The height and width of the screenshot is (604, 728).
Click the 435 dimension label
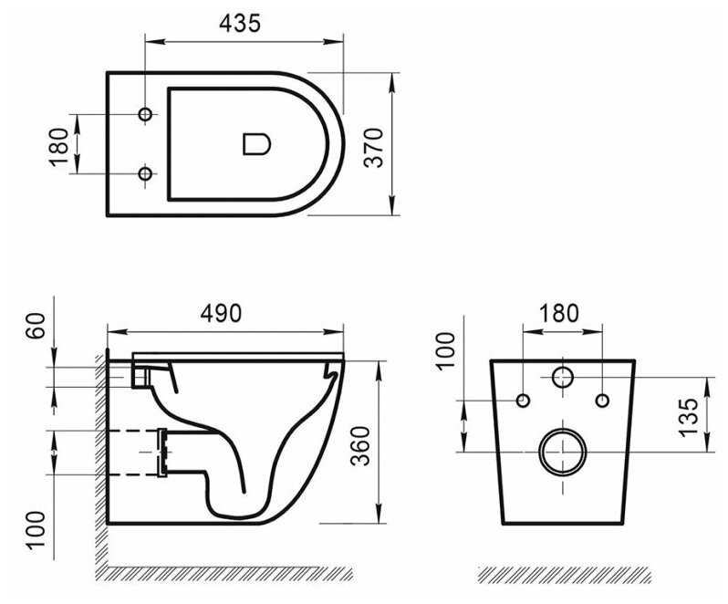pos(240,23)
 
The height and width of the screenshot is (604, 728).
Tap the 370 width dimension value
pos(374,148)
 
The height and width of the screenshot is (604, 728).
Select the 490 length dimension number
pos(221,313)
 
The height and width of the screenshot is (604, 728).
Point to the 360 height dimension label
pos(360,446)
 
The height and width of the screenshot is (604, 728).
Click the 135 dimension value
pos(688,417)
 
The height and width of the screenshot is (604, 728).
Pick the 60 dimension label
pos(36,326)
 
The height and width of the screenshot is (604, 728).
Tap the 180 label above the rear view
pos(559,313)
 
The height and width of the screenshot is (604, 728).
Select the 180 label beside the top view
pos(59,147)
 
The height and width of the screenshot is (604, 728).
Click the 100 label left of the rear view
pos(446,350)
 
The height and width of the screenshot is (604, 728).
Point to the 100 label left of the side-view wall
pos(36,531)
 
